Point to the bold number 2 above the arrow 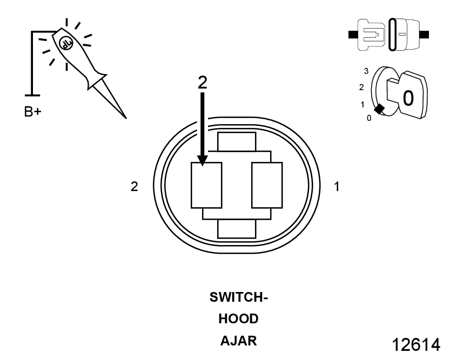coord(202,81)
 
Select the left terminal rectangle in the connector coord(207,185)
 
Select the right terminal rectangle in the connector coord(267,185)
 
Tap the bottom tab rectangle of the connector coord(236,228)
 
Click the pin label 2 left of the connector coord(135,187)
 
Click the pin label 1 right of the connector coord(337,187)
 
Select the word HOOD coord(238,319)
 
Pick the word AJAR coord(238,341)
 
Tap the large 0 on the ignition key coord(408,98)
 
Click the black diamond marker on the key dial coord(380,109)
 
